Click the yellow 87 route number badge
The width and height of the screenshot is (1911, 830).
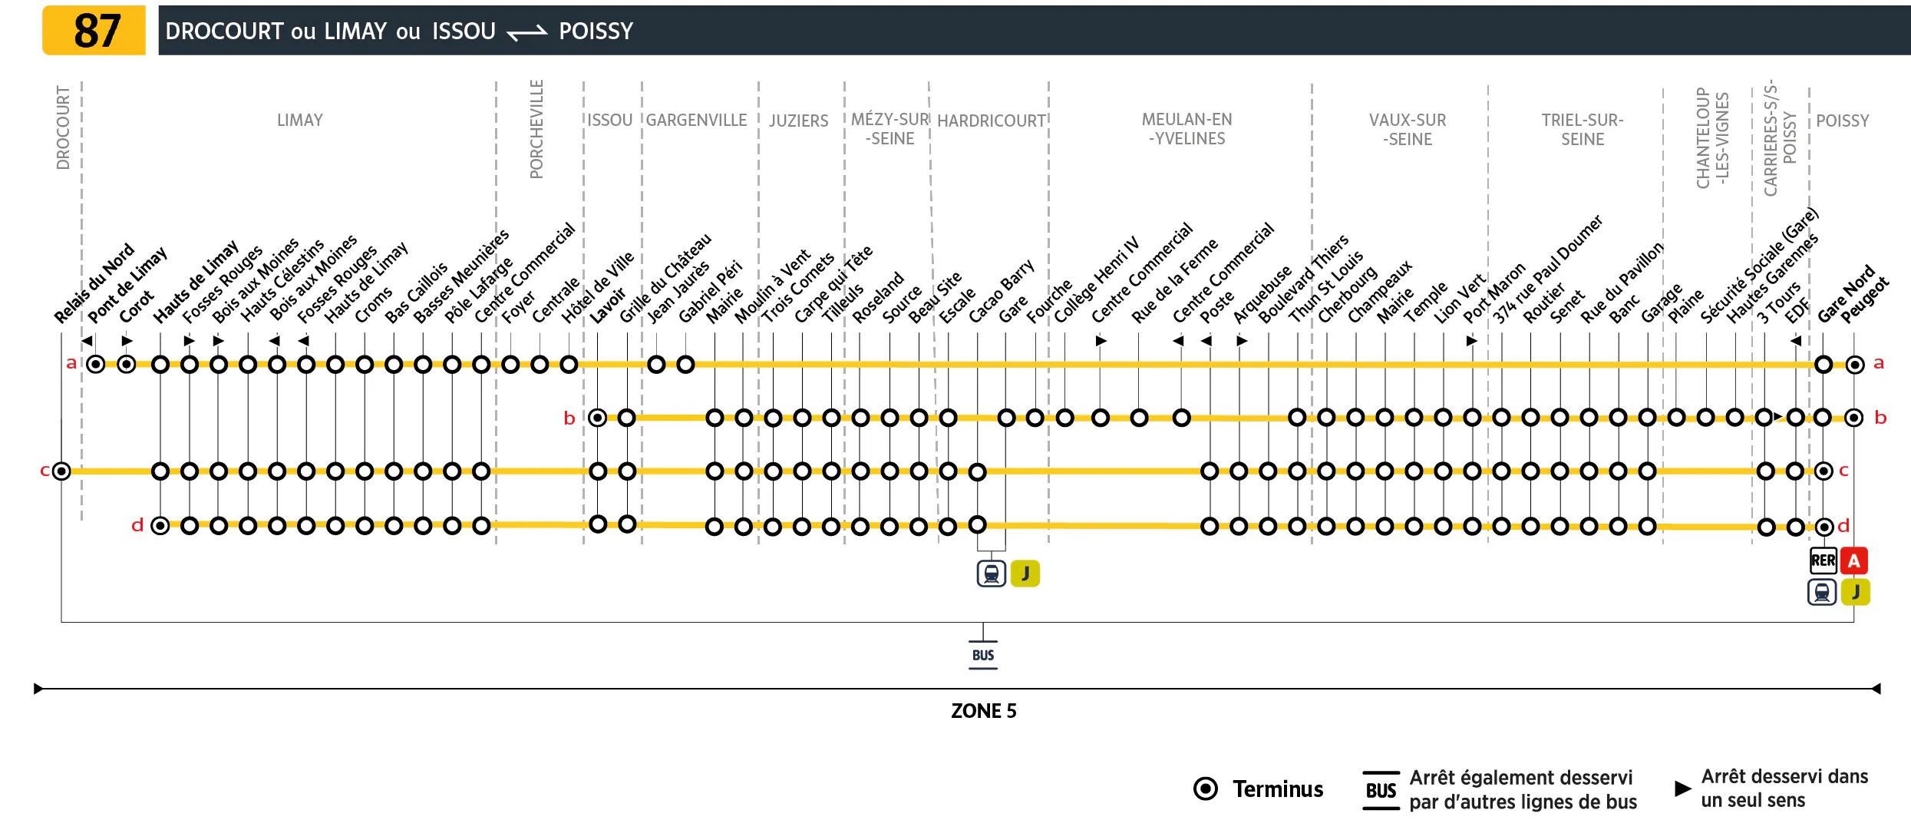pos(94,31)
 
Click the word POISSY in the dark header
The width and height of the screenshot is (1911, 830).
pos(596,31)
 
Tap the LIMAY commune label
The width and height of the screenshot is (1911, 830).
pos(300,121)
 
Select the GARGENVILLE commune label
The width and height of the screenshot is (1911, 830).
pos(696,121)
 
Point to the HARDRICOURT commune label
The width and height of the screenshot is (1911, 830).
pos(992,121)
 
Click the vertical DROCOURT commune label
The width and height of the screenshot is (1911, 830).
pos(63,127)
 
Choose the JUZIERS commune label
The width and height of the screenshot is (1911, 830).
pos(799,121)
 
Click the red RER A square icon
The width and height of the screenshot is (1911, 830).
pos(1854,561)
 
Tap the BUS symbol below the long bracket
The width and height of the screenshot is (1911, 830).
pos(983,655)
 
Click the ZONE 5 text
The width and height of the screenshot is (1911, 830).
pos(983,711)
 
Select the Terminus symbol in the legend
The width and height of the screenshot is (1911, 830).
pos(1206,789)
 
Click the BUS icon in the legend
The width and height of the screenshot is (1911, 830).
pos(1381,790)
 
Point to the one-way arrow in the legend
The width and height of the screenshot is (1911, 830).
pos(1682,789)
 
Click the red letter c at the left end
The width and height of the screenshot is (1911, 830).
pos(45,471)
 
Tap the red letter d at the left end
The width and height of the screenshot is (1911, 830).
pos(137,525)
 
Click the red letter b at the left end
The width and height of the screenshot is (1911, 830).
pos(569,418)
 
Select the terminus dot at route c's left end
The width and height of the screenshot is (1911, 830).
pos(61,471)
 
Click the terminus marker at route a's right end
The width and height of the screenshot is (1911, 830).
pos(1855,365)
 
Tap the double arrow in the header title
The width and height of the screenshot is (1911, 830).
pos(527,32)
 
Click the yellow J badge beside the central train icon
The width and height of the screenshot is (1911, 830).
pos(1025,574)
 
